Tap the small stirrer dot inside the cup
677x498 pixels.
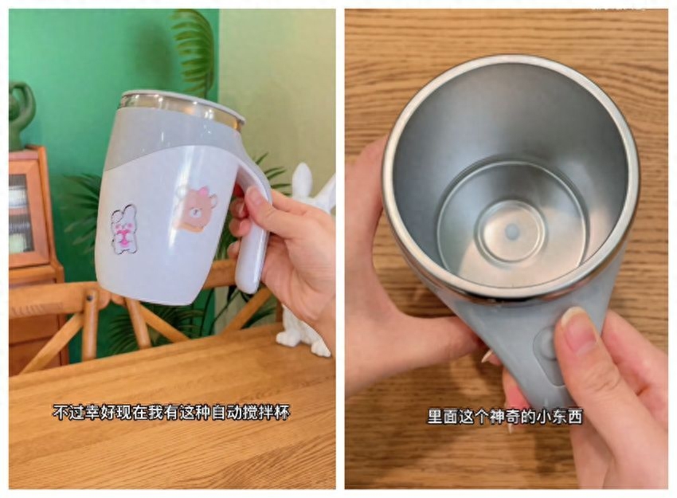(x=512, y=231)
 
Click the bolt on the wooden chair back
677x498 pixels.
(x=91, y=297)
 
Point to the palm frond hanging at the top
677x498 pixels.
(x=194, y=49)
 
